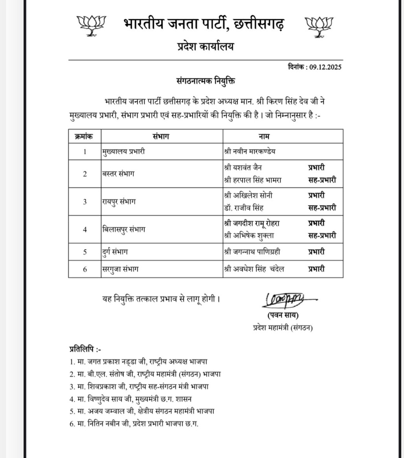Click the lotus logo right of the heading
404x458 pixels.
pos(319,26)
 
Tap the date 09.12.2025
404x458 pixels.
pos(325,67)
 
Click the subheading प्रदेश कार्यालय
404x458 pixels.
pos(205,47)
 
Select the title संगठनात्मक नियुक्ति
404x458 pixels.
pos(205,81)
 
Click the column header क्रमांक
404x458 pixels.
pos(85,136)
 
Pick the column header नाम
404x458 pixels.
pos(264,136)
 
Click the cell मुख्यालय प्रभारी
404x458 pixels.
pos(123,151)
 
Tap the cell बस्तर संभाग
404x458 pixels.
pos(118,174)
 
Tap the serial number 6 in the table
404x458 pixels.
pos(85,269)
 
